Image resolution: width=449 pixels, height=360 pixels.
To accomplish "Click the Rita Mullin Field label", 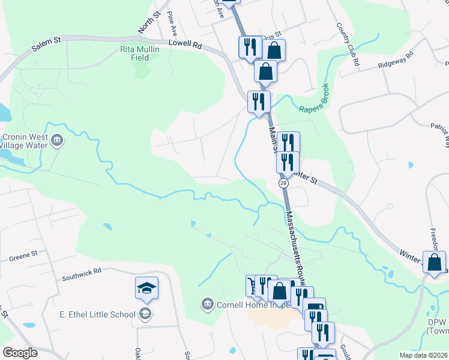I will point(140,54).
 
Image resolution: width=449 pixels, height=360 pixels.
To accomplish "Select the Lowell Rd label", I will point(185,44).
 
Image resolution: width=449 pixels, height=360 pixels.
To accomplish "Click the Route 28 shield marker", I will point(282,182).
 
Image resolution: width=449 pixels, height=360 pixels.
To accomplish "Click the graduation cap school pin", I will point(146,289).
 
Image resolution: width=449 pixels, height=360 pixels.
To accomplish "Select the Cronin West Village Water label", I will point(25,140).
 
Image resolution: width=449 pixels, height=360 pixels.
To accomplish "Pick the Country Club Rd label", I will point(348,45).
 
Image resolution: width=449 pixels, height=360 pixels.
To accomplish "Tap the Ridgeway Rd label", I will point(396,61).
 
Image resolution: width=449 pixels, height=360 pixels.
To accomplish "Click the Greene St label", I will point(23,256).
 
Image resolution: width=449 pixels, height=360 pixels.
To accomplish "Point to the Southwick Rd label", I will point(82,274).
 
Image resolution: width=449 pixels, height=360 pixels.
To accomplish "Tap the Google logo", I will point(20,353).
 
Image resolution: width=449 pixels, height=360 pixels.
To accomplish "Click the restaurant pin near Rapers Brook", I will point(259,101).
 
